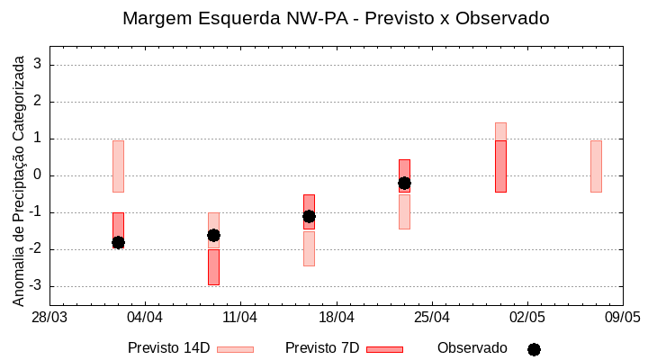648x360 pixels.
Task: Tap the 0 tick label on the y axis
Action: click(38, 175)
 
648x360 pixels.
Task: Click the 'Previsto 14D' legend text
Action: click(168, 348)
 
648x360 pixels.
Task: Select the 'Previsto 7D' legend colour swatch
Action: click(384, 349)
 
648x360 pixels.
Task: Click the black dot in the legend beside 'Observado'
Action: click(534, 349)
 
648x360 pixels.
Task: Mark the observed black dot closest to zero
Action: click(404, 183)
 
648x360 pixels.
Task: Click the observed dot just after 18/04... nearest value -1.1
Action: click(309, 216)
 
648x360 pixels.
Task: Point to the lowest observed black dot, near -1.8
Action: click(118, 242)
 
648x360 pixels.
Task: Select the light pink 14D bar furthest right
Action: click(596, 166)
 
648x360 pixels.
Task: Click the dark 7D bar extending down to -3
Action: click(213, 267)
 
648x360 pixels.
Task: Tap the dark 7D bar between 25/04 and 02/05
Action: click(500, 166)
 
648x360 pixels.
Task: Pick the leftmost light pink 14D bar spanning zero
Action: click(118, 166)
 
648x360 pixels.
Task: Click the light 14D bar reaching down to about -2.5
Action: click(309, 249)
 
